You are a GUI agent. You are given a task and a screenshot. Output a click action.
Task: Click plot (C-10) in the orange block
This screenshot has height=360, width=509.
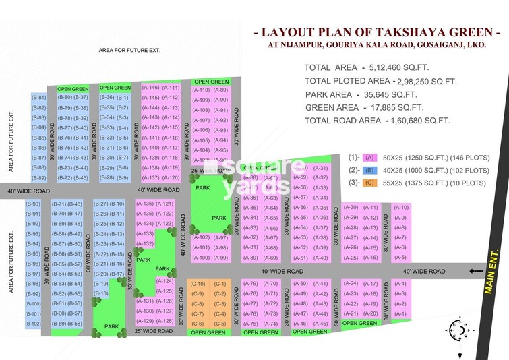(x=198, y=284)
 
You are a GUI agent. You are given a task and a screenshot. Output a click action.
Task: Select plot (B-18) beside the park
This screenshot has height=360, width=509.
(x=100, y=293)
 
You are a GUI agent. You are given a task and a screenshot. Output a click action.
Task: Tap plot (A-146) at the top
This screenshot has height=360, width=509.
(x=151, y=88)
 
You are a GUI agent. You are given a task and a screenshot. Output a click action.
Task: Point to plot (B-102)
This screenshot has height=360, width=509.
(x=33, y=324)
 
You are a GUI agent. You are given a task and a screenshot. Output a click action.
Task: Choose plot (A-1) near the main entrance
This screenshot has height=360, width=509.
(x=400, y=313)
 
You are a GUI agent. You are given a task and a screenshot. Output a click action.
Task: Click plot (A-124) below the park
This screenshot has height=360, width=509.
(x=165, y=281)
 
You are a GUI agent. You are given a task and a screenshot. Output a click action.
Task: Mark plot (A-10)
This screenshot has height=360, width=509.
(x=401, y=208)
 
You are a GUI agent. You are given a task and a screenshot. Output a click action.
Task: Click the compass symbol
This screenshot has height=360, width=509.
(x=458, y=330)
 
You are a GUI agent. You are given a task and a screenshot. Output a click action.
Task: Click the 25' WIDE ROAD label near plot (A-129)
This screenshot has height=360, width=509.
(x=154, y=331)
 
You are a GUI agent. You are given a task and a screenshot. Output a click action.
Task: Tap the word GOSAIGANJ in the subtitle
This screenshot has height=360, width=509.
(x=417, y=45)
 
